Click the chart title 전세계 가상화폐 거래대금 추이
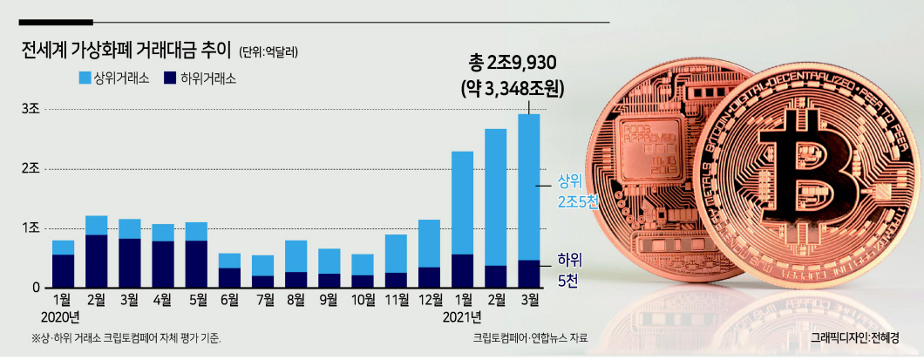pos(126,51)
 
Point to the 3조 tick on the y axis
pos(30,110)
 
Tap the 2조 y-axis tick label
pos(30,169)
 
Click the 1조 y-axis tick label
pos(30,228)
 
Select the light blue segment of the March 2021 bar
pos(528,187)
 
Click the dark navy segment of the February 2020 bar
pos(96,262)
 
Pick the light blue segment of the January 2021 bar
pos(463,203)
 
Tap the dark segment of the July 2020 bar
pos(263,282)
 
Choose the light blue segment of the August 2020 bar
pos(296,256)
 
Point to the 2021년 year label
pos(462,319)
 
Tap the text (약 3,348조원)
pos(513,89)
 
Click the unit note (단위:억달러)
pos(268,52)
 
